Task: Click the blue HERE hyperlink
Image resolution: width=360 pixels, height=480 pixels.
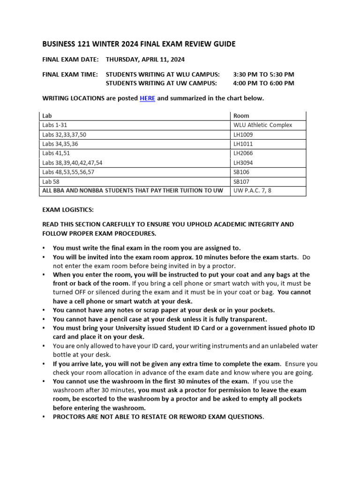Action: pos(147,98)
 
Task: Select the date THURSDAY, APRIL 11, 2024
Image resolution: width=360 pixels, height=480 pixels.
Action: pos(145,60)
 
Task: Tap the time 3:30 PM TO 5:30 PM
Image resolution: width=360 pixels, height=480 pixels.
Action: pos(263,75)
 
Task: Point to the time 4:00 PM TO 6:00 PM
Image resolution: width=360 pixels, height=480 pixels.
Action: pos(263,83)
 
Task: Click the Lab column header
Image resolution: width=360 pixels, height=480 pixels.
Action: pos(47,116)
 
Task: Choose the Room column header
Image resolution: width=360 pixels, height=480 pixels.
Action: pos(241,116)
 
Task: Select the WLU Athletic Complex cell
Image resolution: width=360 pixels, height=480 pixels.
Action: pos(262,125)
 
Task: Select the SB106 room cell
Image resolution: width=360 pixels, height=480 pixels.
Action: pos(241,172)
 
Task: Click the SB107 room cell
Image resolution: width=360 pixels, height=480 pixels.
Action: pos(241,182)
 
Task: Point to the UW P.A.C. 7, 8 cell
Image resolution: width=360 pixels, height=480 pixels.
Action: pos(253,191)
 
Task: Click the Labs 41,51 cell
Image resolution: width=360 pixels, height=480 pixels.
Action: pos(56,153)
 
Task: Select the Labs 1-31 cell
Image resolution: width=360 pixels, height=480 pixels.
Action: pos(54,125)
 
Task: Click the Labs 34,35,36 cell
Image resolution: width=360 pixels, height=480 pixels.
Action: pos(60,144)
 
